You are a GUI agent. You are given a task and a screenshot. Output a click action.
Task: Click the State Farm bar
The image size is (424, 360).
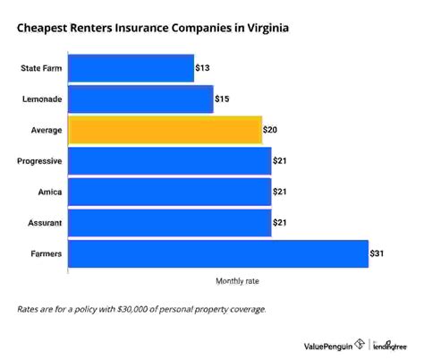[x=131, y=68]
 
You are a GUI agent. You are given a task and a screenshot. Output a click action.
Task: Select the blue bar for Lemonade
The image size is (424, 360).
[x=140, y=99]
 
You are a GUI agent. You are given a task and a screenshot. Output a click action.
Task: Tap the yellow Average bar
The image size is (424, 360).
[x=165, y=130]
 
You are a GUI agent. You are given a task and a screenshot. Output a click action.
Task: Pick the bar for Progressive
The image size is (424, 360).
[x=169, y=161]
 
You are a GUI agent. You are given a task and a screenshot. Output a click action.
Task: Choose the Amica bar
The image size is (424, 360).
[x=169, y=192]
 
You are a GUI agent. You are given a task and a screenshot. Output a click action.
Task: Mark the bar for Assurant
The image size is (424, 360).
[x=169, y=223]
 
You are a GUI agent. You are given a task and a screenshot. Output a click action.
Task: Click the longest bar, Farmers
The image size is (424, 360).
[x=217, y=253]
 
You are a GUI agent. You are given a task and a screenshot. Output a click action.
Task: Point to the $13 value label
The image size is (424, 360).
[x=204, y=68]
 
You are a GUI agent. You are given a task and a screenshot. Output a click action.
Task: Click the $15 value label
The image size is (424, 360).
[x=224, y=99]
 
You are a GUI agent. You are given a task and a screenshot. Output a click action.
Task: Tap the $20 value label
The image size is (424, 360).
[x=271, y=130]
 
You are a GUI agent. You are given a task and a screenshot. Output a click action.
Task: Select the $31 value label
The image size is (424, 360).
[x=378, y=253]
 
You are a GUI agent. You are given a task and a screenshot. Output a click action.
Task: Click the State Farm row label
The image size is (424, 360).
[x=39, y=68]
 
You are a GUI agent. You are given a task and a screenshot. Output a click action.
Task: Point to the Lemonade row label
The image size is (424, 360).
[x=41, y=99]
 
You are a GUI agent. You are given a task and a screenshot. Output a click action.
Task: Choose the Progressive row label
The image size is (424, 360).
[x=38, y=161]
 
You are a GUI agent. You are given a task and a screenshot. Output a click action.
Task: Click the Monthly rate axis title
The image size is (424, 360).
[x=237, y=281]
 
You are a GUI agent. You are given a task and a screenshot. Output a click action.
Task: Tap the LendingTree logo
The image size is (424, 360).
[x=390, y=344]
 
